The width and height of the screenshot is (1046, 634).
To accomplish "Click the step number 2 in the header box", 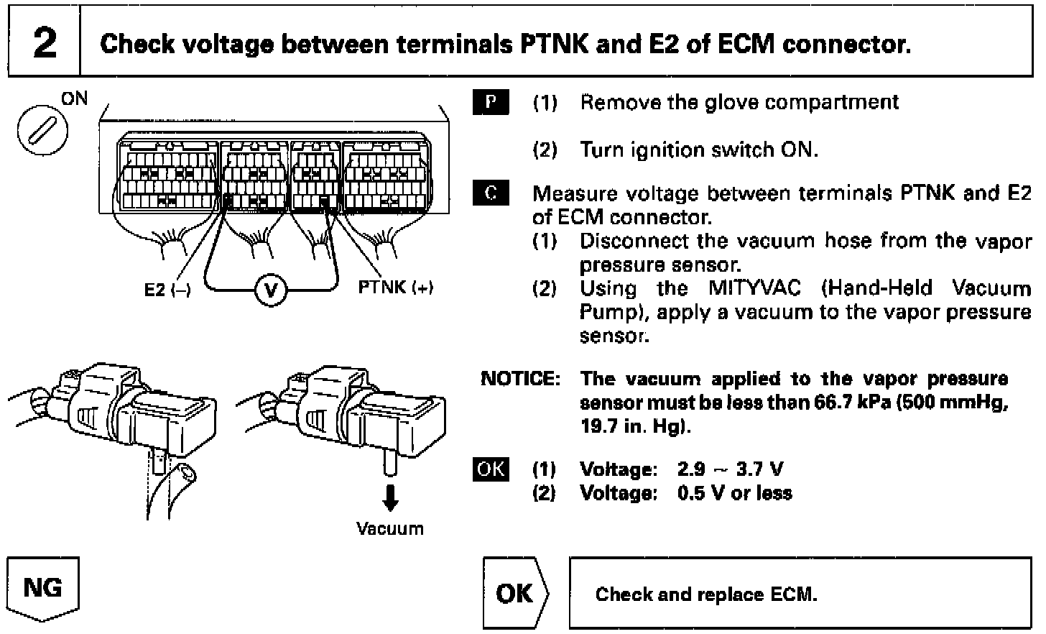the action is pos(45,43).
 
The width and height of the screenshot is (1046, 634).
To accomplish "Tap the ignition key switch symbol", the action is pos(42,130).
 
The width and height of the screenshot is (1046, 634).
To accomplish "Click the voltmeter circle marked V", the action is pos(271,290).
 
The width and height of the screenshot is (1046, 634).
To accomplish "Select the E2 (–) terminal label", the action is pos(167,290).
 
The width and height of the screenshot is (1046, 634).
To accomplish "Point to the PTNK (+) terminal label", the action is pos(396,287).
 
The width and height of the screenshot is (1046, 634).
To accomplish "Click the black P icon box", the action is pos(491,102).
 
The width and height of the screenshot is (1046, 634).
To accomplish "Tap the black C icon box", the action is pos(491,193).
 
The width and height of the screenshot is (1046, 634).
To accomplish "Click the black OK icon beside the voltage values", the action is pos(491,469).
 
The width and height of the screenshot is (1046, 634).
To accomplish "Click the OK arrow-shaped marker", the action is pos(516,593).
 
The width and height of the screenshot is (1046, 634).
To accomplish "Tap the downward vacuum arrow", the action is pos(390,498).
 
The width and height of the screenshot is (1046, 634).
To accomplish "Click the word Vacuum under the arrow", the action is pos(390,529).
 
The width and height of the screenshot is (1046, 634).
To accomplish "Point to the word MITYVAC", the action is pos(754,288).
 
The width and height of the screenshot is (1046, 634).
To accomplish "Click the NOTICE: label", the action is pos(520,378).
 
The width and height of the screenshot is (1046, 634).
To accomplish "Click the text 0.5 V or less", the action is pos(735,493).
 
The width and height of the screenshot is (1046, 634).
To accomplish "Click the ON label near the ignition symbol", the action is pos(74,98).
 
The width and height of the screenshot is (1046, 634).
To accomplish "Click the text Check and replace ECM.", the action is pos(706,594).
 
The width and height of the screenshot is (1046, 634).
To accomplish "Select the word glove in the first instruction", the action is pos(732,103).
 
